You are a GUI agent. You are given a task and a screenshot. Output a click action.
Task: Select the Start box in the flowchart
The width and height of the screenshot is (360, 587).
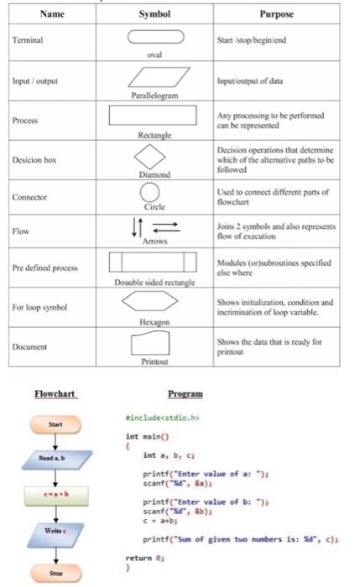55,424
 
